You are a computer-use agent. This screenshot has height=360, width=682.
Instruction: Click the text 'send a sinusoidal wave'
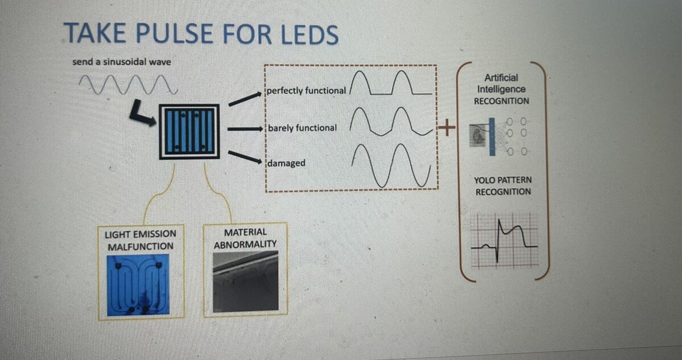coord(121,61)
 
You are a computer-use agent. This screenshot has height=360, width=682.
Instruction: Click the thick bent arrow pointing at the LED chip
coord(141,113)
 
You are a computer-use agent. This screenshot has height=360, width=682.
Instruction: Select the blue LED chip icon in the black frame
coord(189,131)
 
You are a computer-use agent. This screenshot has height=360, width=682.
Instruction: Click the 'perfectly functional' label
coord(307,91)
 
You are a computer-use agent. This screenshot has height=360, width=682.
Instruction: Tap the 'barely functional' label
coord(302,128)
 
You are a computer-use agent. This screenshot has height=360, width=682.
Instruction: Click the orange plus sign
coord(447,129)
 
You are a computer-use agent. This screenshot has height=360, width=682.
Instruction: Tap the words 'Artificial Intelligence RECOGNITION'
coord(501,89)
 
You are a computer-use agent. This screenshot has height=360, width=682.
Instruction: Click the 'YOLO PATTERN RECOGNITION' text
coord(503,186)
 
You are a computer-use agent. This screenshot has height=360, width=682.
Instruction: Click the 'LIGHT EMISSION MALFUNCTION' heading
coord(140,240)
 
